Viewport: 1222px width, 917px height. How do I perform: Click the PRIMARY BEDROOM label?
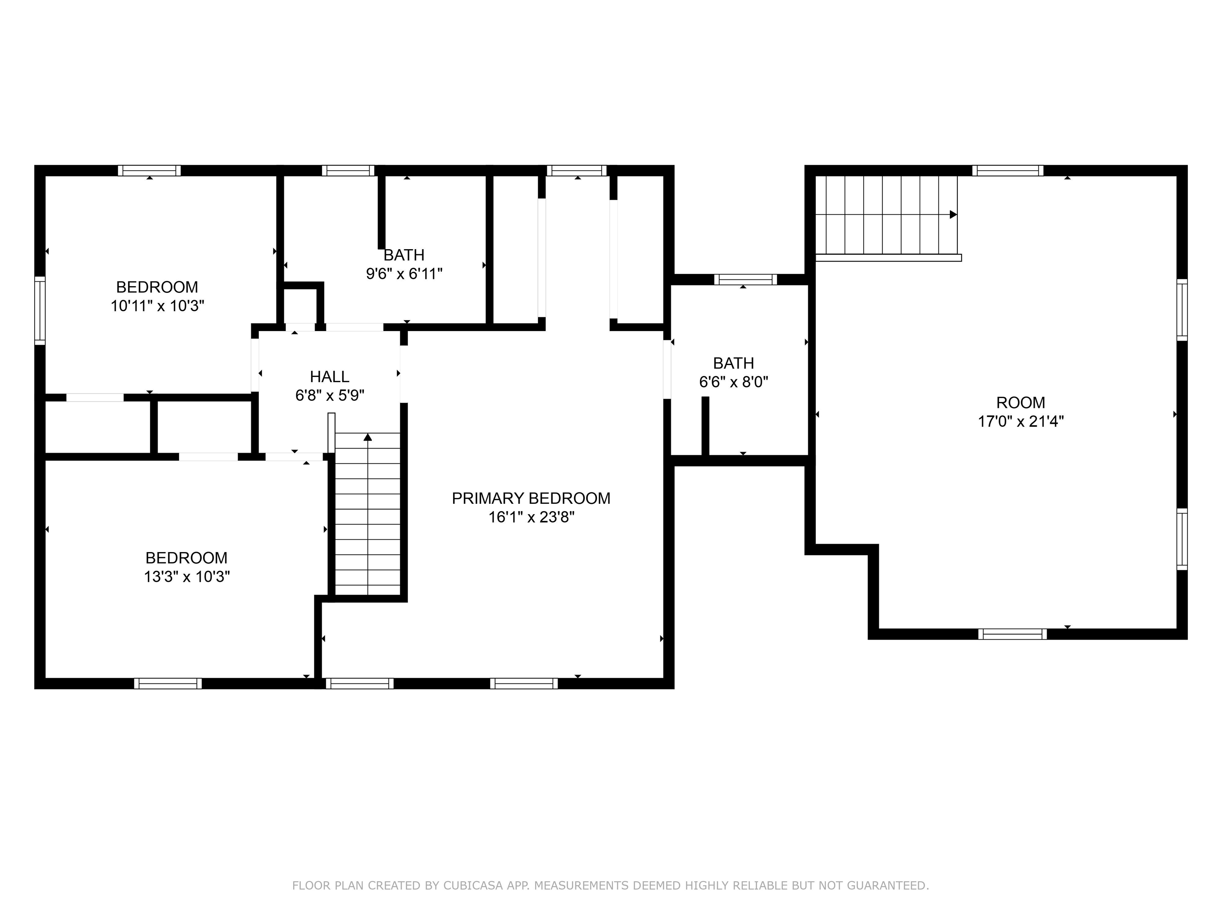point(531,499)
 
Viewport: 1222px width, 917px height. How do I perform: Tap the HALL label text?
point(329,377)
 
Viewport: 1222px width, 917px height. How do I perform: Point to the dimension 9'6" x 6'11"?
point(405,273)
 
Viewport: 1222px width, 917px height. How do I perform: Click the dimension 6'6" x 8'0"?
point(734,382)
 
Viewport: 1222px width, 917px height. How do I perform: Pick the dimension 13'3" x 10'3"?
point(187,577)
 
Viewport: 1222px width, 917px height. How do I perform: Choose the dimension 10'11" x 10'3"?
point(158,306)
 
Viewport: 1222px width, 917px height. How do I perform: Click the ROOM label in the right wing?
point(1021,403)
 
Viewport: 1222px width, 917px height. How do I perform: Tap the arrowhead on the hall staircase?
point(368,437)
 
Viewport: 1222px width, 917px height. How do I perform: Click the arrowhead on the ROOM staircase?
point(953,215)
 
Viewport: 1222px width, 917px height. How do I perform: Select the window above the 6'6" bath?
point(745,280)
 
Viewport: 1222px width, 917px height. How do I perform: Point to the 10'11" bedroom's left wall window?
point(40,310)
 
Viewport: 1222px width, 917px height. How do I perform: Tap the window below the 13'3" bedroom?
point(168,684)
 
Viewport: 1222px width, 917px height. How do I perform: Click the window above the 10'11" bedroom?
point(149,170)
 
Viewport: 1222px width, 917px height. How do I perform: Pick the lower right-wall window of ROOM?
point(1182,539)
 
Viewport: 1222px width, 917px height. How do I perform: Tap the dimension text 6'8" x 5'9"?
point(329,396)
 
